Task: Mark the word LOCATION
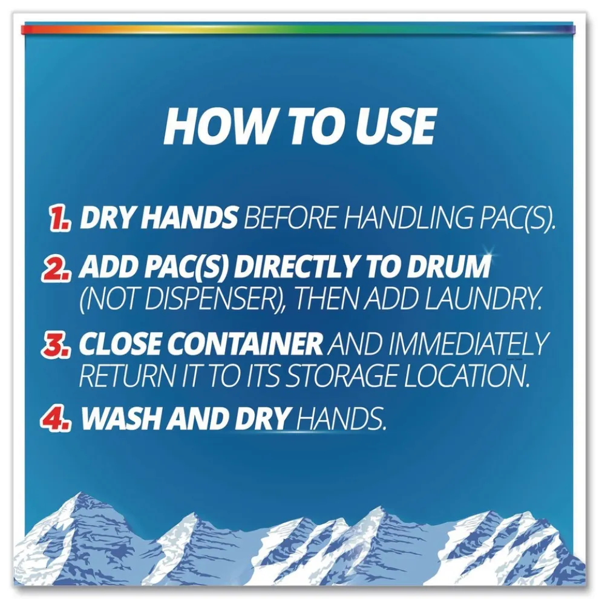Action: [x=467, y=376]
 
